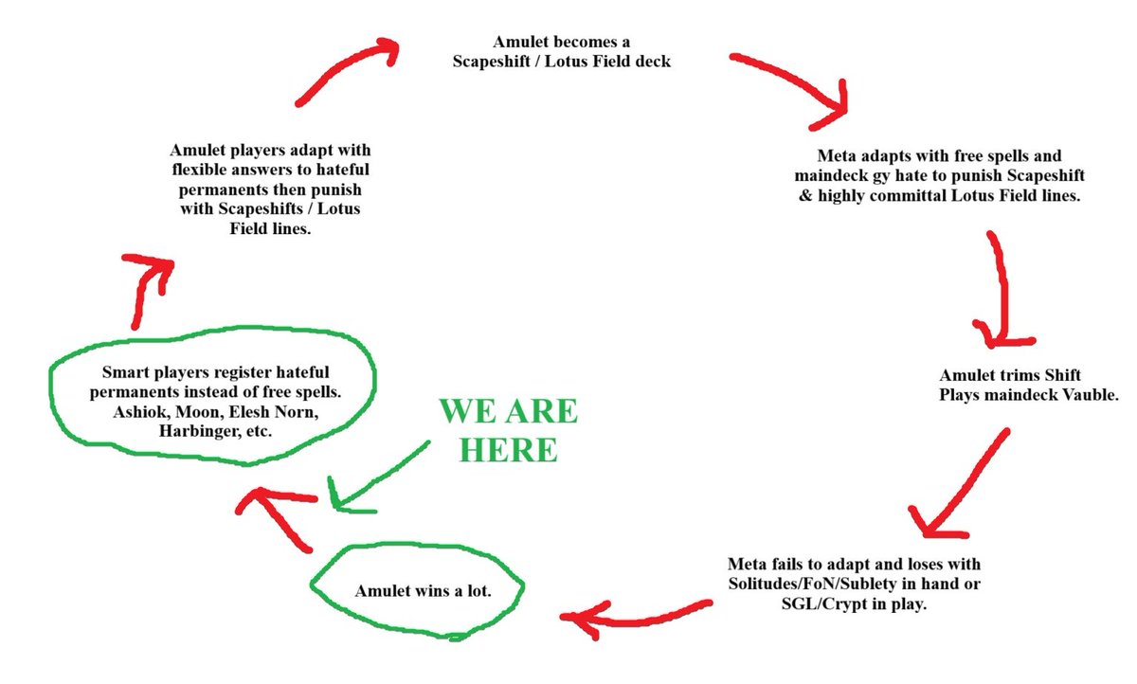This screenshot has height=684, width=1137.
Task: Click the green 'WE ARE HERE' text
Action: pos(507,431)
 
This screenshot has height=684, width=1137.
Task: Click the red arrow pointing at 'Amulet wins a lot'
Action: pos(635,614)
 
